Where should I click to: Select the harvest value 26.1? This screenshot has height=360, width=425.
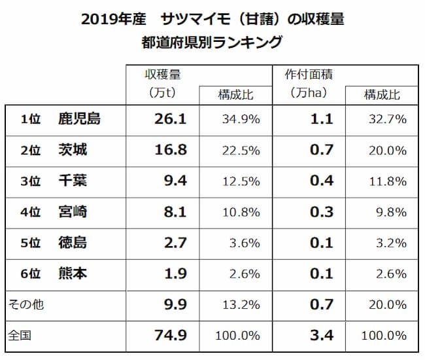[x=169, y=119]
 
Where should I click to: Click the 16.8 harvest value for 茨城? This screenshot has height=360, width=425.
[x=169, y=151]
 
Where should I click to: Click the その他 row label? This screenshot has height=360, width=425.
[x=25, y=304]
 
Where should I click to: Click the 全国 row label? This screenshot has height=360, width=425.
[x=20, y=336]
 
